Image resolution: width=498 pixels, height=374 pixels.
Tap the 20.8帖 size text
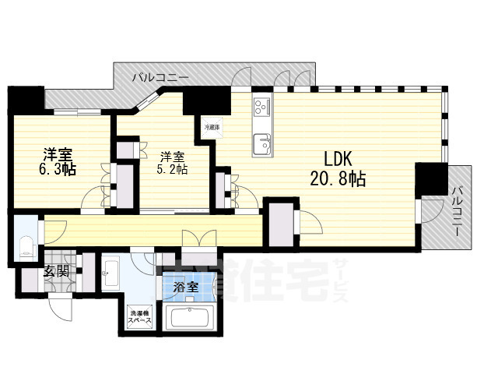tap(336, 178)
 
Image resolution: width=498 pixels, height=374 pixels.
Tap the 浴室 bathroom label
tap(185, 288)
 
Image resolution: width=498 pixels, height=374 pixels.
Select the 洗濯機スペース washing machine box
tap(142, 321)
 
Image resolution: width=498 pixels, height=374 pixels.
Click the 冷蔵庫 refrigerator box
tap(212, 126)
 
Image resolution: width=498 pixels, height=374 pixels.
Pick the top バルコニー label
tap(160, 77)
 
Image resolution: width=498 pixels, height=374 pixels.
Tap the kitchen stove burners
tap(260, 106)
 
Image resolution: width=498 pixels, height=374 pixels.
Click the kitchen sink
tap(261, 143)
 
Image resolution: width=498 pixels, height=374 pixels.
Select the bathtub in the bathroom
tap(190, 319)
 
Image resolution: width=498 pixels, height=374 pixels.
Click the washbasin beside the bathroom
tap(110, 272)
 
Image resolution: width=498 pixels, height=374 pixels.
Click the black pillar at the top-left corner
tap(26, 99)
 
